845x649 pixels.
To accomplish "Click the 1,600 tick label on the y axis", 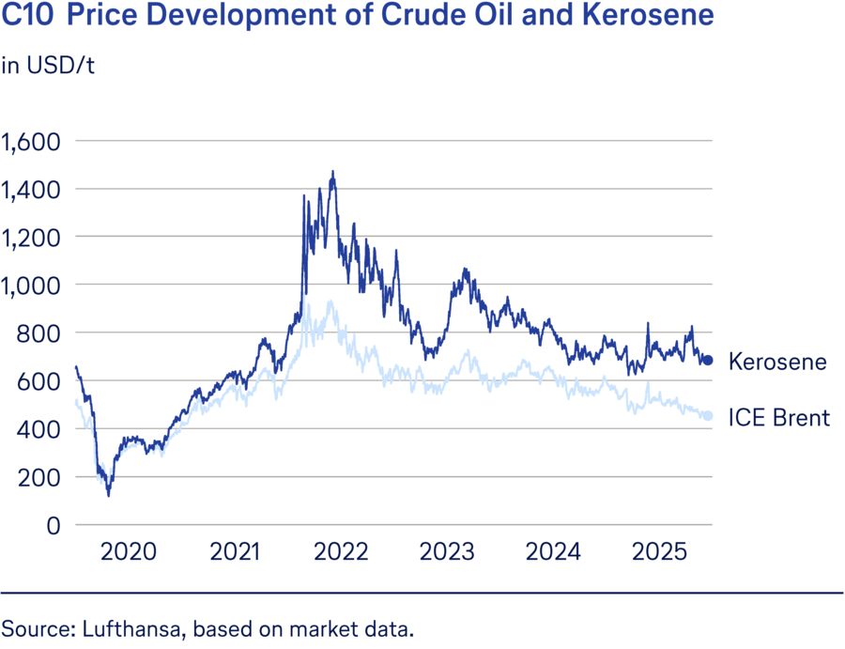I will tap(30, 142).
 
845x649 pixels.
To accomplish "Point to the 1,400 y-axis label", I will tap(30, 190).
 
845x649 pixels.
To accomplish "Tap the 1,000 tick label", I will tap(30, 286).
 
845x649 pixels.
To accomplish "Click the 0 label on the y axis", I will tap(54, 525).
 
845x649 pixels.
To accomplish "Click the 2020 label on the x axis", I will tap(129, 551).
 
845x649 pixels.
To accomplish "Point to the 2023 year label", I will tap(447, 551).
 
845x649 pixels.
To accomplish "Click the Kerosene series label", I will tap(777, 361).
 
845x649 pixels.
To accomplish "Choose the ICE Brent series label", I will tap(779, 418).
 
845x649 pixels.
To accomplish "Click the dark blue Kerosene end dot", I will tap(709, 360).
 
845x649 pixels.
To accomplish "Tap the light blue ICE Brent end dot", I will tap(708, 416).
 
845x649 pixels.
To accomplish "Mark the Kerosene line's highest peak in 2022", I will tap(332, 172).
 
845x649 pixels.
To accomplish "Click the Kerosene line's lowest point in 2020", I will tap(109, 495).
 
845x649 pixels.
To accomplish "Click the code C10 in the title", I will tap(26, 16).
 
